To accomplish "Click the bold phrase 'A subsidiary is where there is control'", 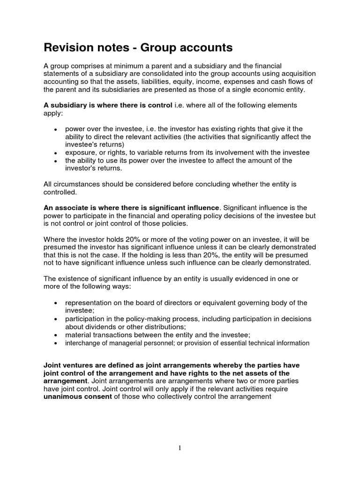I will tap(108, 105).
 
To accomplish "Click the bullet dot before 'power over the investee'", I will tap(56, 129).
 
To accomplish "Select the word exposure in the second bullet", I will tap(80, 152).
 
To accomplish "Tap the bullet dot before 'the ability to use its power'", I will tap(56, 161).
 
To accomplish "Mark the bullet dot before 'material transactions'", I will tap(56, 335).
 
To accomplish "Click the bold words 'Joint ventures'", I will tap(68, 365).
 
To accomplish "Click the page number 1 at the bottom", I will tap(180, 448).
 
